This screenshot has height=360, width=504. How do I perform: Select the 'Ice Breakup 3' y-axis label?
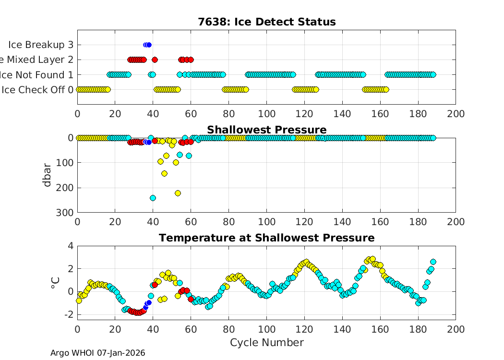41,45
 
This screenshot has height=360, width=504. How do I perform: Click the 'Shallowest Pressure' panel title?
266,130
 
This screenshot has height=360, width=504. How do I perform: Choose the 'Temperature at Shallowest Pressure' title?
266,238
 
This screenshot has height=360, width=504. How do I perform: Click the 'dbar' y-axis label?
47,175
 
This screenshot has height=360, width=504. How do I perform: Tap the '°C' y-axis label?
54,283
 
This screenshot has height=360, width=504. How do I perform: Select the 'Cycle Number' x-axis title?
266,342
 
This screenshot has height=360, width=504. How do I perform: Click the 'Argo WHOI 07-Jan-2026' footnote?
97,353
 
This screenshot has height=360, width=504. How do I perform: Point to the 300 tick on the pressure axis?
67,212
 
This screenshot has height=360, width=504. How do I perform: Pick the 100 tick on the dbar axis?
67,163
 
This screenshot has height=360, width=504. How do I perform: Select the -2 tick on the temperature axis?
67,314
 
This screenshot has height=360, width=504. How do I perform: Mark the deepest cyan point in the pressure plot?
153,198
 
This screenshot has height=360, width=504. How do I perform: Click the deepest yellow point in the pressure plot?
178,193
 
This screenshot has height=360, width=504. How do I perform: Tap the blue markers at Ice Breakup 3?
147,45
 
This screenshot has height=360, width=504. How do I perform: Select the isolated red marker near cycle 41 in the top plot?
155,60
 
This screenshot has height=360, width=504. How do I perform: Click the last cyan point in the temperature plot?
433,262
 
